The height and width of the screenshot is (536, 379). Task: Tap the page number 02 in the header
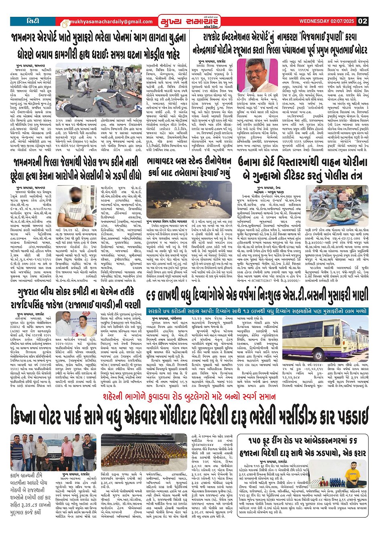point(363,21)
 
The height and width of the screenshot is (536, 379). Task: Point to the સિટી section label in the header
point(33,20)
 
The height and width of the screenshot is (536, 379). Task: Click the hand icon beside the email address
point(65,23)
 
